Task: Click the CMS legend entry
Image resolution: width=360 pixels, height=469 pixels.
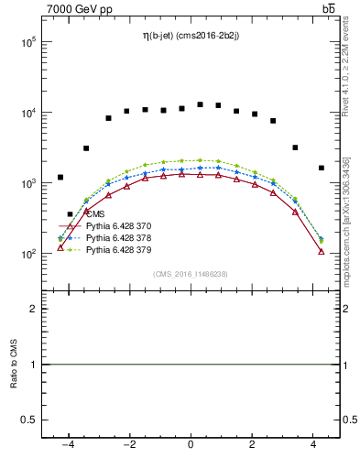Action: tap(95, 213)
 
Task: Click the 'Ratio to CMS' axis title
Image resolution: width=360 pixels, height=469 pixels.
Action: tap(14, 364)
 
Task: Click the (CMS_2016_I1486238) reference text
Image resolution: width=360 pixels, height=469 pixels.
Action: tap(191, 274)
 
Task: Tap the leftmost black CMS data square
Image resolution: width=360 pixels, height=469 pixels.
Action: tap(60, 178)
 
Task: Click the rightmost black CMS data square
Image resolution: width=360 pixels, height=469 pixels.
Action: tap(322, 168)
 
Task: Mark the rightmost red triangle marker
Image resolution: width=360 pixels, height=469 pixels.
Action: tap(322, 251)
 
